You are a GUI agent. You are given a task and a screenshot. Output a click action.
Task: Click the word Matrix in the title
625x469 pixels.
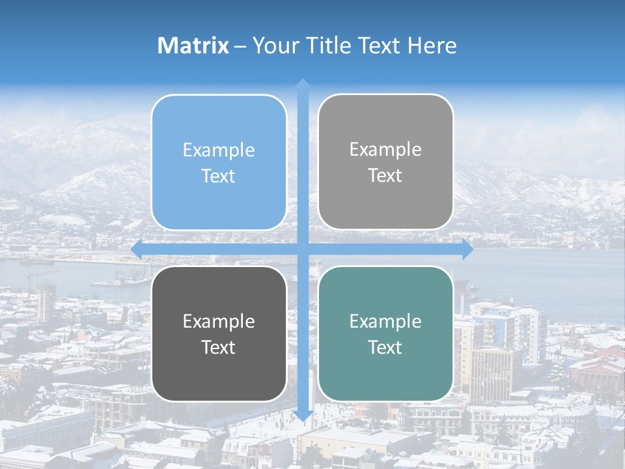pyautogui.click(x=193, y=46)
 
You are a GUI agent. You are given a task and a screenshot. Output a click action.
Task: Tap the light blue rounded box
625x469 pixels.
pyautogui.click(x=219, y=163)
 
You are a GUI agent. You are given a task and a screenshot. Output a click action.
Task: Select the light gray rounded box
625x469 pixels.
pyautogui.click(x=385, y=162)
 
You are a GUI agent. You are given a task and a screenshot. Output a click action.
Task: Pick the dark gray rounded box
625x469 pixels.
pyautogui.click(x=219, y=334)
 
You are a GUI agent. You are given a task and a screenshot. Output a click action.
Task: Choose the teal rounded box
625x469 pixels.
pyautogui.click(x=385, y=334)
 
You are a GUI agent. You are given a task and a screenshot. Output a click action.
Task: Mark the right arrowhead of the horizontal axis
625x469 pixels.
pyautogui.click(x=467, y=249)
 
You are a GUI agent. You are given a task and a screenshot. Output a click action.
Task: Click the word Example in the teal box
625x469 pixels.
pyautogui.click(x=385, y=321)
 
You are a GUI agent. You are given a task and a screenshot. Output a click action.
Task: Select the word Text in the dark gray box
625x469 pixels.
pyautogui.click(x=219, y=347)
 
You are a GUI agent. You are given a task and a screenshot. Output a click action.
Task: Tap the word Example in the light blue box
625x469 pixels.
pyautogui.click(x=219, y=150)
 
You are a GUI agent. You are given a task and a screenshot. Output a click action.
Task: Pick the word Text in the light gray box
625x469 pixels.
pyautogui.click(x=385, y=176)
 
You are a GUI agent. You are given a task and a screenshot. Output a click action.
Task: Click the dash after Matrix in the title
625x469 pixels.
pyautogui.click(x=240, y=46)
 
